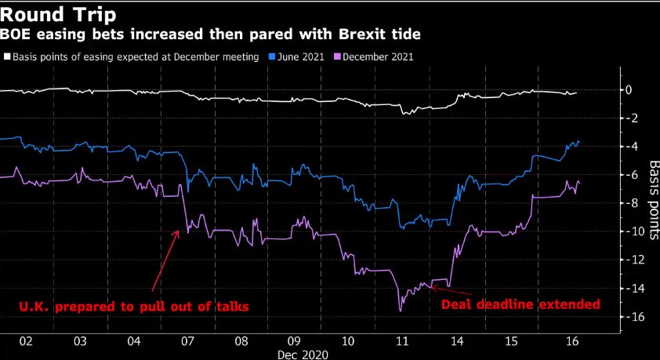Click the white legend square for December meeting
pos(7,57)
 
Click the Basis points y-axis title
pos(653,196)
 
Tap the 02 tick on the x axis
pos(26,342)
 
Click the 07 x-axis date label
pos(187,342)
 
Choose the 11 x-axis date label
pos(402,342)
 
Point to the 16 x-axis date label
pos(572,342)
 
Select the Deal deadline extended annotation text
pos(521,304)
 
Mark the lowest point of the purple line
pos(400,311)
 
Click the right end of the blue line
pos(578,142)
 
